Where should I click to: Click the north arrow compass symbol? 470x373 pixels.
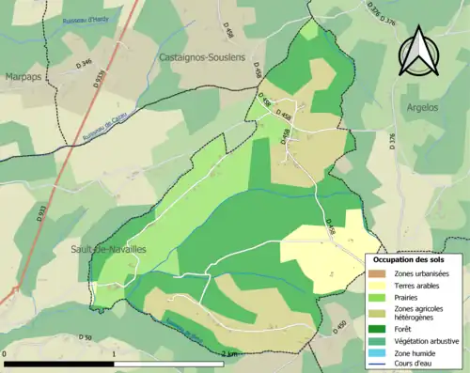[415, 52]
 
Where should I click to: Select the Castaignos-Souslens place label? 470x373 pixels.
[202, 57]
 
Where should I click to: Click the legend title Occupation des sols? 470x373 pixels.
[409, 259]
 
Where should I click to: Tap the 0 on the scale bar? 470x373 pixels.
[6, 354]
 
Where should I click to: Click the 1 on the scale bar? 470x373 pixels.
[114, 354]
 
